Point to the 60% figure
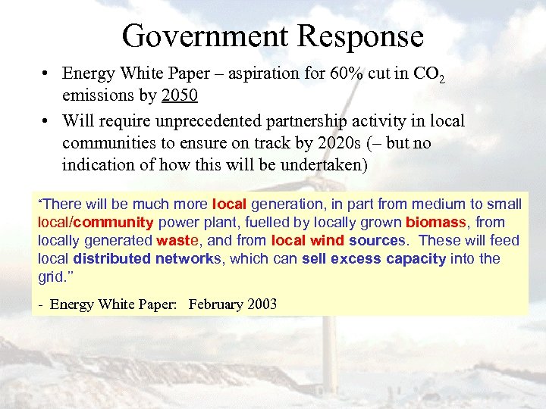click(x=350, y=73)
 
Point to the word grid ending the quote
click(x=50, y=277)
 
